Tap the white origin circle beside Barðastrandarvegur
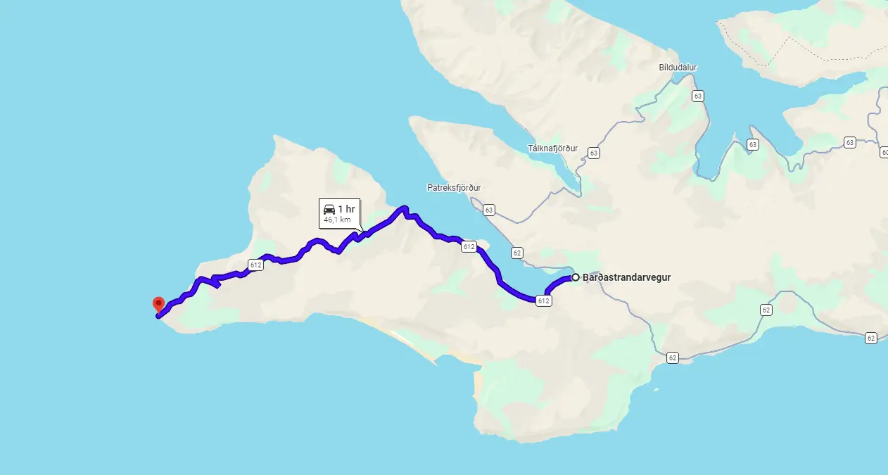click(x=575, y=277)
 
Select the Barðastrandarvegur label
click(x=626, y=277)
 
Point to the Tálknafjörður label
click(x=552, y=148)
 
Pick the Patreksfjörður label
click(x=454, y=188)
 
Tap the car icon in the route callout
click(x=329, y=209)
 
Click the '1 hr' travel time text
click(x=346, y=209)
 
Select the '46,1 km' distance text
click(x=337, y=220)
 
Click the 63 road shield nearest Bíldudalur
click(x=697, y=96)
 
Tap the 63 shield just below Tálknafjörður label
click(x=594, y=153)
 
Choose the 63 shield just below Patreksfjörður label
click(x=489, y=210)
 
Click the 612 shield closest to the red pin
click(x=255, y=265)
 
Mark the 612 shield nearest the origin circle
click(x=543, y=300)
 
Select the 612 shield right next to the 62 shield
click(x=469, y=246)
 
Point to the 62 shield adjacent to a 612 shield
click(x=517, y=253)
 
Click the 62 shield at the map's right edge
click(x=871, y=338)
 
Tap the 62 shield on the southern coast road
click(x=673, y=358)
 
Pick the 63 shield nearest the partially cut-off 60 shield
click(x=850, y=143)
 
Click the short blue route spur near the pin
click(x=215, y=283)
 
